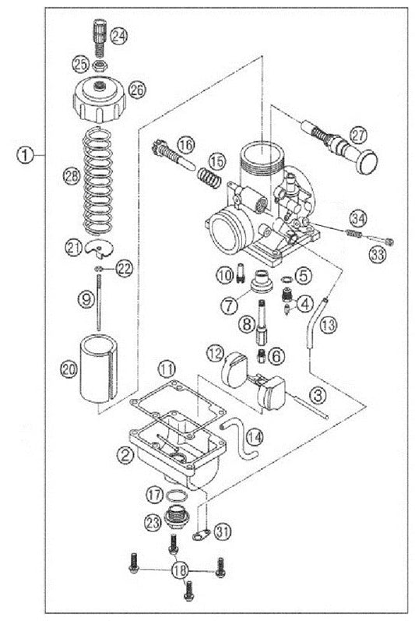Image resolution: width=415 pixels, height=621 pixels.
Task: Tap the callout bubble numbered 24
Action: (x=119, y=35)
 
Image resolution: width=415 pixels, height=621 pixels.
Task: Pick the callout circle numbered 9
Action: (x=86, y=297)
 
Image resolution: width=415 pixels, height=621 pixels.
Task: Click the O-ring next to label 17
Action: (x=178, y=497)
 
